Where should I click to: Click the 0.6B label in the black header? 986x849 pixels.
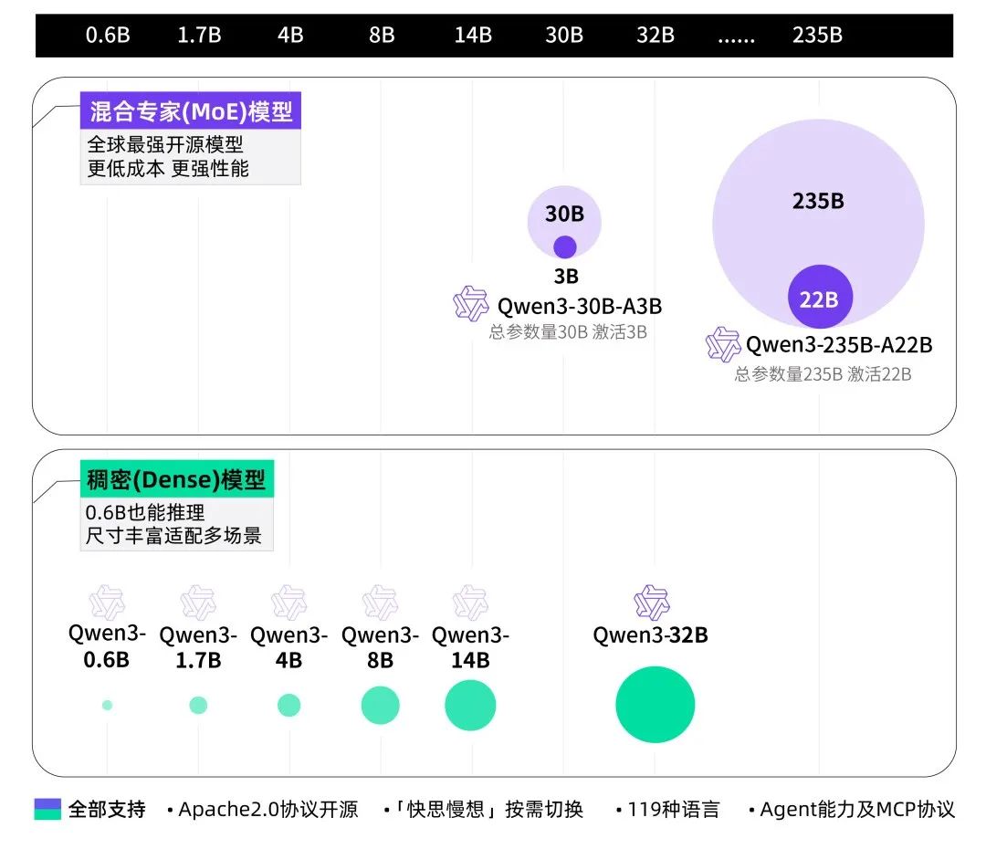[108, 36]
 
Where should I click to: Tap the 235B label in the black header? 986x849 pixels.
[817, 36]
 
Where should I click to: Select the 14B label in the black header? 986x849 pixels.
[473, 36]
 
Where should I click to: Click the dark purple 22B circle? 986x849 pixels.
[819, 298]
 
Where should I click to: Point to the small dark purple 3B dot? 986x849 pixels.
[565, 246]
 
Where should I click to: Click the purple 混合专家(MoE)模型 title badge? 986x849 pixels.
[191, 111]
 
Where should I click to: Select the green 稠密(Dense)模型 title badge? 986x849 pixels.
[177, 479]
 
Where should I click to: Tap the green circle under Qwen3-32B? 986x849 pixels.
[655, 705]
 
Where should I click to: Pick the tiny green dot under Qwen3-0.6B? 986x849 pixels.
[107, 705]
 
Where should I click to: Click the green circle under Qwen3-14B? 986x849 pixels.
[470, 705]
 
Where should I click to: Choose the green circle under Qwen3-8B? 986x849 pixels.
[380, 705]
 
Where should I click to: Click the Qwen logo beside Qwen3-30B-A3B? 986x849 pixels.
[471, 304]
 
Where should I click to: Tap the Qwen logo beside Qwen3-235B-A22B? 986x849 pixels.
[723, 344]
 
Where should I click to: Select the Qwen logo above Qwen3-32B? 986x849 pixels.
[652, 603]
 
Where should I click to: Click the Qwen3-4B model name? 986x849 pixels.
[288, 646]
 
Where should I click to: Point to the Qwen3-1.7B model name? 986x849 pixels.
[198, 646]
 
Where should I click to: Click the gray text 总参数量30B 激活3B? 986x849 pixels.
[568, 332]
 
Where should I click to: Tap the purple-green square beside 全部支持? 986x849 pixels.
[47, 809]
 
